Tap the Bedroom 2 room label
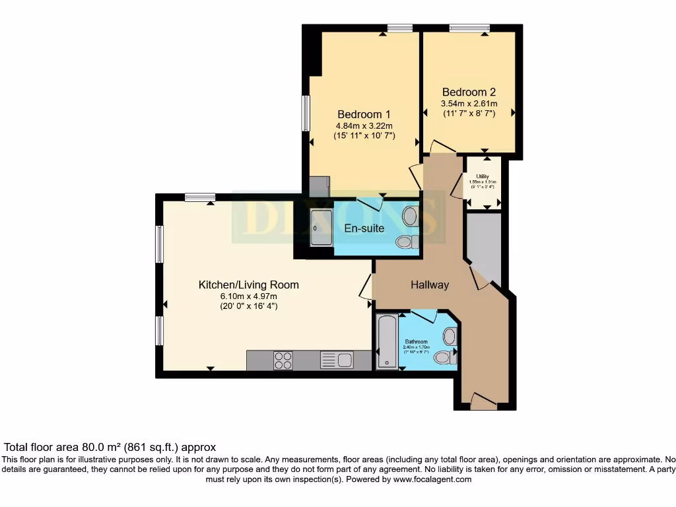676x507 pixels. point(469,92)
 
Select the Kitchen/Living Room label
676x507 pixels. point(249,285)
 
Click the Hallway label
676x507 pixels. point(430,285)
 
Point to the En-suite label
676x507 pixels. point(364,228)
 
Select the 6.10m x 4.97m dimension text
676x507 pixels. point(248,296)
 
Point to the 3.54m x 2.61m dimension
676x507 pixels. point(469,104)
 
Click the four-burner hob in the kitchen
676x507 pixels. point(283,360)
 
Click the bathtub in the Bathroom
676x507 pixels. point(386,341)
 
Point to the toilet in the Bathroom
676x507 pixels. point(444,357)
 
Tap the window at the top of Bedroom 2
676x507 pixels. point(469,28)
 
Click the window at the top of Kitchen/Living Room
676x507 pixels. point(199,196)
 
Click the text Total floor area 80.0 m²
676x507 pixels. point(110,447)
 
